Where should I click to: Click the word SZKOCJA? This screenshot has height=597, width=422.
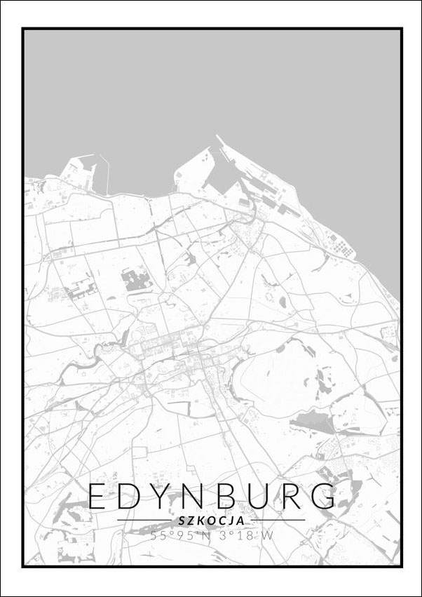211,521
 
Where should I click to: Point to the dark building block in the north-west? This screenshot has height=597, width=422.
137,281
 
